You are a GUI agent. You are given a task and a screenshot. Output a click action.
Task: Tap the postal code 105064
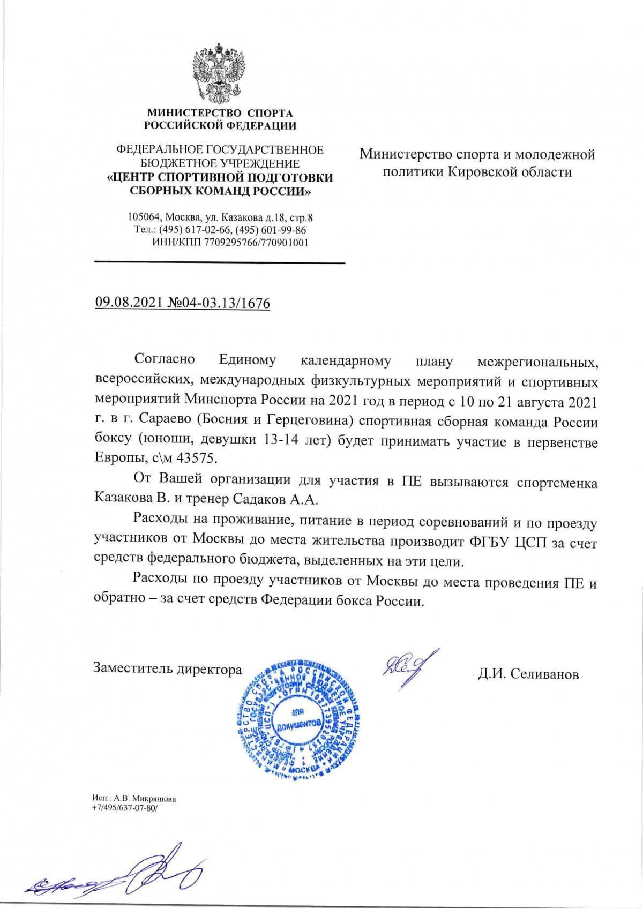point(144,218)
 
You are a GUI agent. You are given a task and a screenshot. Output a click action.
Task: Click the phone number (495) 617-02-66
point(188,230)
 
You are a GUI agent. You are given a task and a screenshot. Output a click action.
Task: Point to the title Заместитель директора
point(168,668)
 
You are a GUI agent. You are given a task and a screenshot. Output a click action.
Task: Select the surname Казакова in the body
point(122,499)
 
